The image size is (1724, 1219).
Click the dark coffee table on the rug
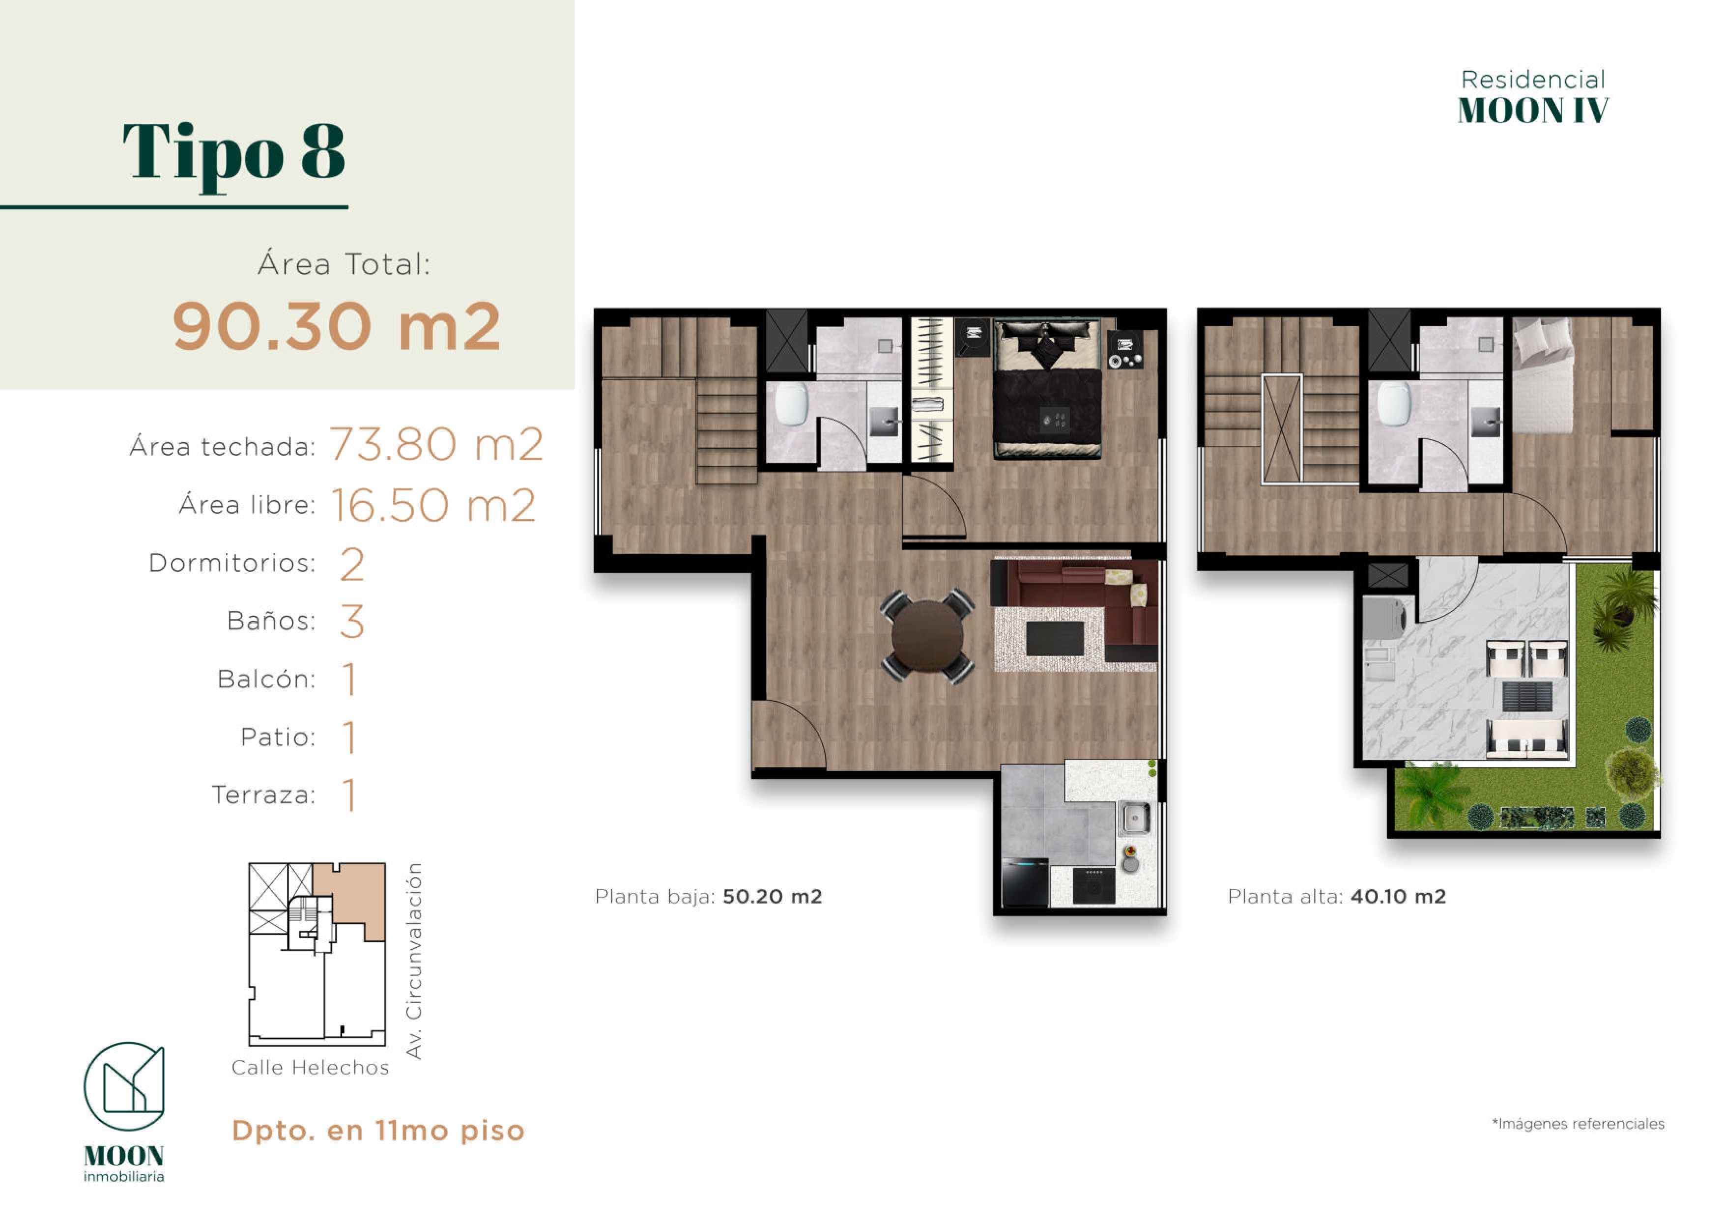click(x=1054, y=639)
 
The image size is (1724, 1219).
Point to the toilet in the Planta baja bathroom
click(x=791, y=404)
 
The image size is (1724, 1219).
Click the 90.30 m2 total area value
click(x=336, y=327)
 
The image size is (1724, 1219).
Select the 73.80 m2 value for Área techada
click(x=436, y=444)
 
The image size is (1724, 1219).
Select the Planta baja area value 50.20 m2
click(x=772, y=896)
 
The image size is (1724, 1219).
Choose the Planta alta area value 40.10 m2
click(x=1398, y=896)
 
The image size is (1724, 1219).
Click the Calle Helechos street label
click(x=310, y=1067)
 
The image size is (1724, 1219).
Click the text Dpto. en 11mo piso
click(x=378, y=1131)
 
